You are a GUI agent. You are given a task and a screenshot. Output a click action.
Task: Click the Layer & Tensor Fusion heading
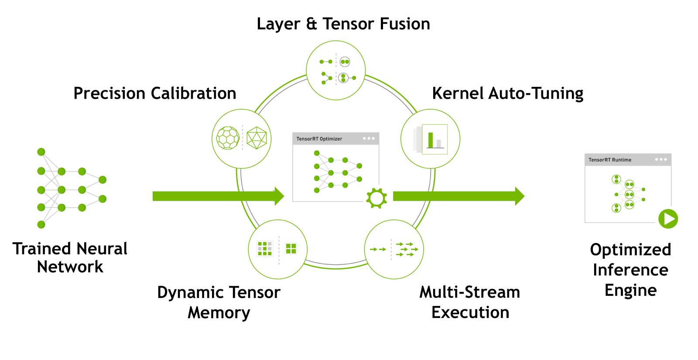pyautogui.click(x=343, y=24)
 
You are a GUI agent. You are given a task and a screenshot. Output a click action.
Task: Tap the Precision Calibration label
pyautogui.click(x=155, y=93)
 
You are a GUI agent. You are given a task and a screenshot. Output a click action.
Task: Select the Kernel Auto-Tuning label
pyautogui.click(x=507, y=93)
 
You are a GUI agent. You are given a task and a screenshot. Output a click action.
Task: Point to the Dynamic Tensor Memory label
pyautogui.click(x=219, y=302)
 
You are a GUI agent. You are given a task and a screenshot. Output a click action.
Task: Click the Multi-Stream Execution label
pyautogui.click(x=470, y=302)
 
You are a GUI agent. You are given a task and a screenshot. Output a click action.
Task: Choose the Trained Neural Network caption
pyautogui.click(x=70, y=257)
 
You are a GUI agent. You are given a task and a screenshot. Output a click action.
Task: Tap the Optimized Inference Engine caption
pyautogui.click(x=630, y=270)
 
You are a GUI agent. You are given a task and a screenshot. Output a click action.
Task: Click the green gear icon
pyautogui.click(x=376, y=199)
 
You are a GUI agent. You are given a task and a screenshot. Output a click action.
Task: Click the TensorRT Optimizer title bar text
pyautogui.click(x=319, y=139)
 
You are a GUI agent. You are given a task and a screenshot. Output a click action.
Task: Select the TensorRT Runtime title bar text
pyautogui.click(x=610, y=160)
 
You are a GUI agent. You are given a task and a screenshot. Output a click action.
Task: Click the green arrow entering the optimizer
pyautogui.click(x=218, y=196)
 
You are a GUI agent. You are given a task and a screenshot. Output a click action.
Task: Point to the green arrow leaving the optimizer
pyautogui.click(x=458, y=196)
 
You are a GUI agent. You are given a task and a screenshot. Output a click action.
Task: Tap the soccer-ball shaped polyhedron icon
pyautogui.click(x=228, y=138)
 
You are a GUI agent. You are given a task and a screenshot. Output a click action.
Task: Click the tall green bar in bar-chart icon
pyautogui.click(x=431, y=140)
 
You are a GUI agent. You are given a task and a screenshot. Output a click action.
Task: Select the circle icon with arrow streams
pyautogui.click(x=394, y=250)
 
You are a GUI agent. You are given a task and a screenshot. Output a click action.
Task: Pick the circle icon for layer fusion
pyautogui.click(x=335, y=70)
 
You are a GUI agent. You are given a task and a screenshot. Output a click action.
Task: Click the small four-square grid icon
pyautogui.click(x=291, y=249)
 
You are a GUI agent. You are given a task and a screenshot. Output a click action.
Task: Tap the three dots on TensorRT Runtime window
pyautogui.click(x=661, y=159)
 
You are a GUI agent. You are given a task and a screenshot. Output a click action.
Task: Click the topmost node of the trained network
pyautogui.click(x=41, y=152)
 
